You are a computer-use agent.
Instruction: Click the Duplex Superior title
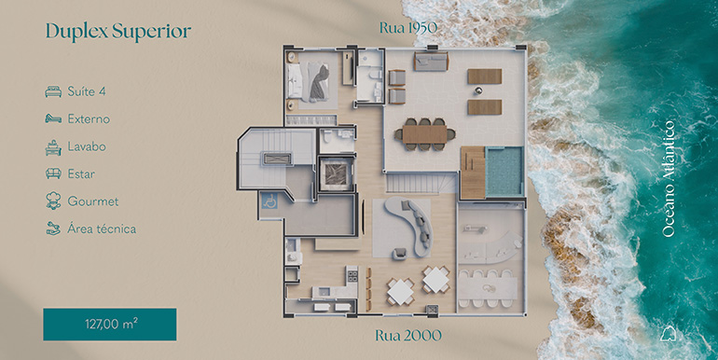(x=118, y=31)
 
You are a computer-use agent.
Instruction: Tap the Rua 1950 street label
(x=408, y=28)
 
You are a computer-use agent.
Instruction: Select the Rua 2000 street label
(x=408, y=336)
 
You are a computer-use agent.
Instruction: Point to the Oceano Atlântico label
(x=669, y=179)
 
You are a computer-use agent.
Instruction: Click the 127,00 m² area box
(x=110, y=325)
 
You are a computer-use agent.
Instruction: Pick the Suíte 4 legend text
(x=87, y=91)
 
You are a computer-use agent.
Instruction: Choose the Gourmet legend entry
(x=93, y=201)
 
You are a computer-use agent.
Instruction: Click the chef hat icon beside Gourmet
(x=53, y=201)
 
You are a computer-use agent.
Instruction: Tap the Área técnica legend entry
(x=102, y=228)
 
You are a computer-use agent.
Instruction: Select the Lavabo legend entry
(x=87, y=146)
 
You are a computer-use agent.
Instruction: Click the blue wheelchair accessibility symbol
(x=269, y=201)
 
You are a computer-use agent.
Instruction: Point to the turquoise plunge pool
(x=504, y=171)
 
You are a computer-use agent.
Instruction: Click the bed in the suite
(x=308, y=81)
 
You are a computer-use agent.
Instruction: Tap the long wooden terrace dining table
(x=425, y=134)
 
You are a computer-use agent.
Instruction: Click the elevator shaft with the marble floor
(x=337, y=173)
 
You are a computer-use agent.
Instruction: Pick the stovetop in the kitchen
(x=352, y=275)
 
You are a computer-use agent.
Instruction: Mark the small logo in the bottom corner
(x=669, y=334)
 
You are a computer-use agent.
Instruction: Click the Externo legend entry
(x=89, y=119)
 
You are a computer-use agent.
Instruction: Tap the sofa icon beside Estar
(x=53, y=173)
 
